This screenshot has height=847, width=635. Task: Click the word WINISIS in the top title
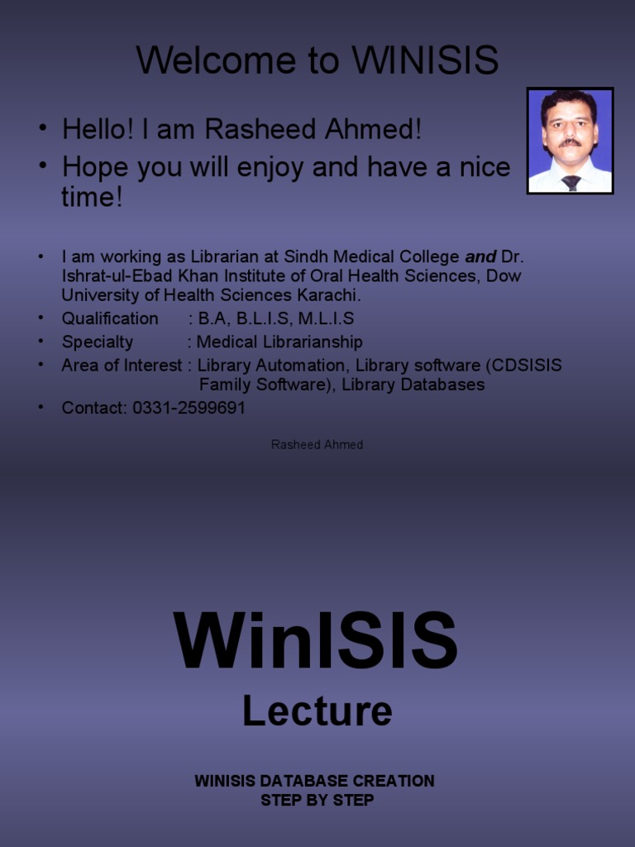pyautogui.click(x=425, y=60)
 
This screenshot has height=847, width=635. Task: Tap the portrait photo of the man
pyautogui.click(x=570, y=141)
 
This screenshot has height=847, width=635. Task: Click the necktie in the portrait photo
pyautogui.click(x=571, y=183)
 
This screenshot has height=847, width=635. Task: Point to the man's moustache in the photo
pyautogui.click(x=570, y=142)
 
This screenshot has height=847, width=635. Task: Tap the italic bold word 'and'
pyautogui.click(x=480, y=256)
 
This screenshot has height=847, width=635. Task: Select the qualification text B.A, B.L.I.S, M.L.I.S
pyautogui.click(x=275, y=318)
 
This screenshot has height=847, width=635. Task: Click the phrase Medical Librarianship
pyautogui.click(x=279, y=342)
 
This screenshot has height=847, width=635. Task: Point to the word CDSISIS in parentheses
pyautogui.click(x=527, y=365)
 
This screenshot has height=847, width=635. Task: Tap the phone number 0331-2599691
pyautogui.click(x=189, y=408)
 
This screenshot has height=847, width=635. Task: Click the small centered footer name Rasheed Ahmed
pyautogui.click(x=317, y=445)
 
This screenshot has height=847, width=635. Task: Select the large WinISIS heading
pyautogui.click(x=315, y=642)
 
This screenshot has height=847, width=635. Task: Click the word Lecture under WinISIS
pyautogui.click(x=317, y=711)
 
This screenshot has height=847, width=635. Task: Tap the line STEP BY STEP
pyautogui.click(x=317, y=800)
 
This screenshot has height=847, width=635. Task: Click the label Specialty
pyautogui.click(x=97, y=342)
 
